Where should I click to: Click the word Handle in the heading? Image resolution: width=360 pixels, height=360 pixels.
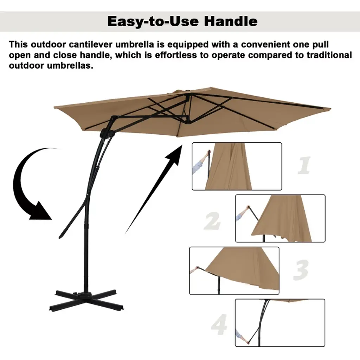point(231,21)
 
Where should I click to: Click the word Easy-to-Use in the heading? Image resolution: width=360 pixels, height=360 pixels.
point(153,21)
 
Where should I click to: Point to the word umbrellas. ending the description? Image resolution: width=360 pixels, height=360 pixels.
point(70,66)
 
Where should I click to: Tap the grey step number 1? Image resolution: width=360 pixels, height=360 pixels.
point(304,165)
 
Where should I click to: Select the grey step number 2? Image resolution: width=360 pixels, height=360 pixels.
point(212,221)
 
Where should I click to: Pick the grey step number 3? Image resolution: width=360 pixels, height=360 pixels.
point(301,270)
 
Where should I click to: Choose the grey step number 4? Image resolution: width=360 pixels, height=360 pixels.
point(219,324)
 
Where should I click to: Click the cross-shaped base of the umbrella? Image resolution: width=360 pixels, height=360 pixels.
point(86,300)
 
